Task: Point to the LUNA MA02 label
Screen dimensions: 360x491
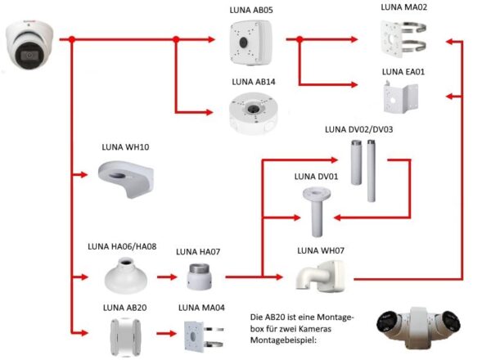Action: pyautogui.click(x=404, y=7)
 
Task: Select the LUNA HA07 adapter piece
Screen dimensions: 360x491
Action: pyautogui.click(x=200, y=278)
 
